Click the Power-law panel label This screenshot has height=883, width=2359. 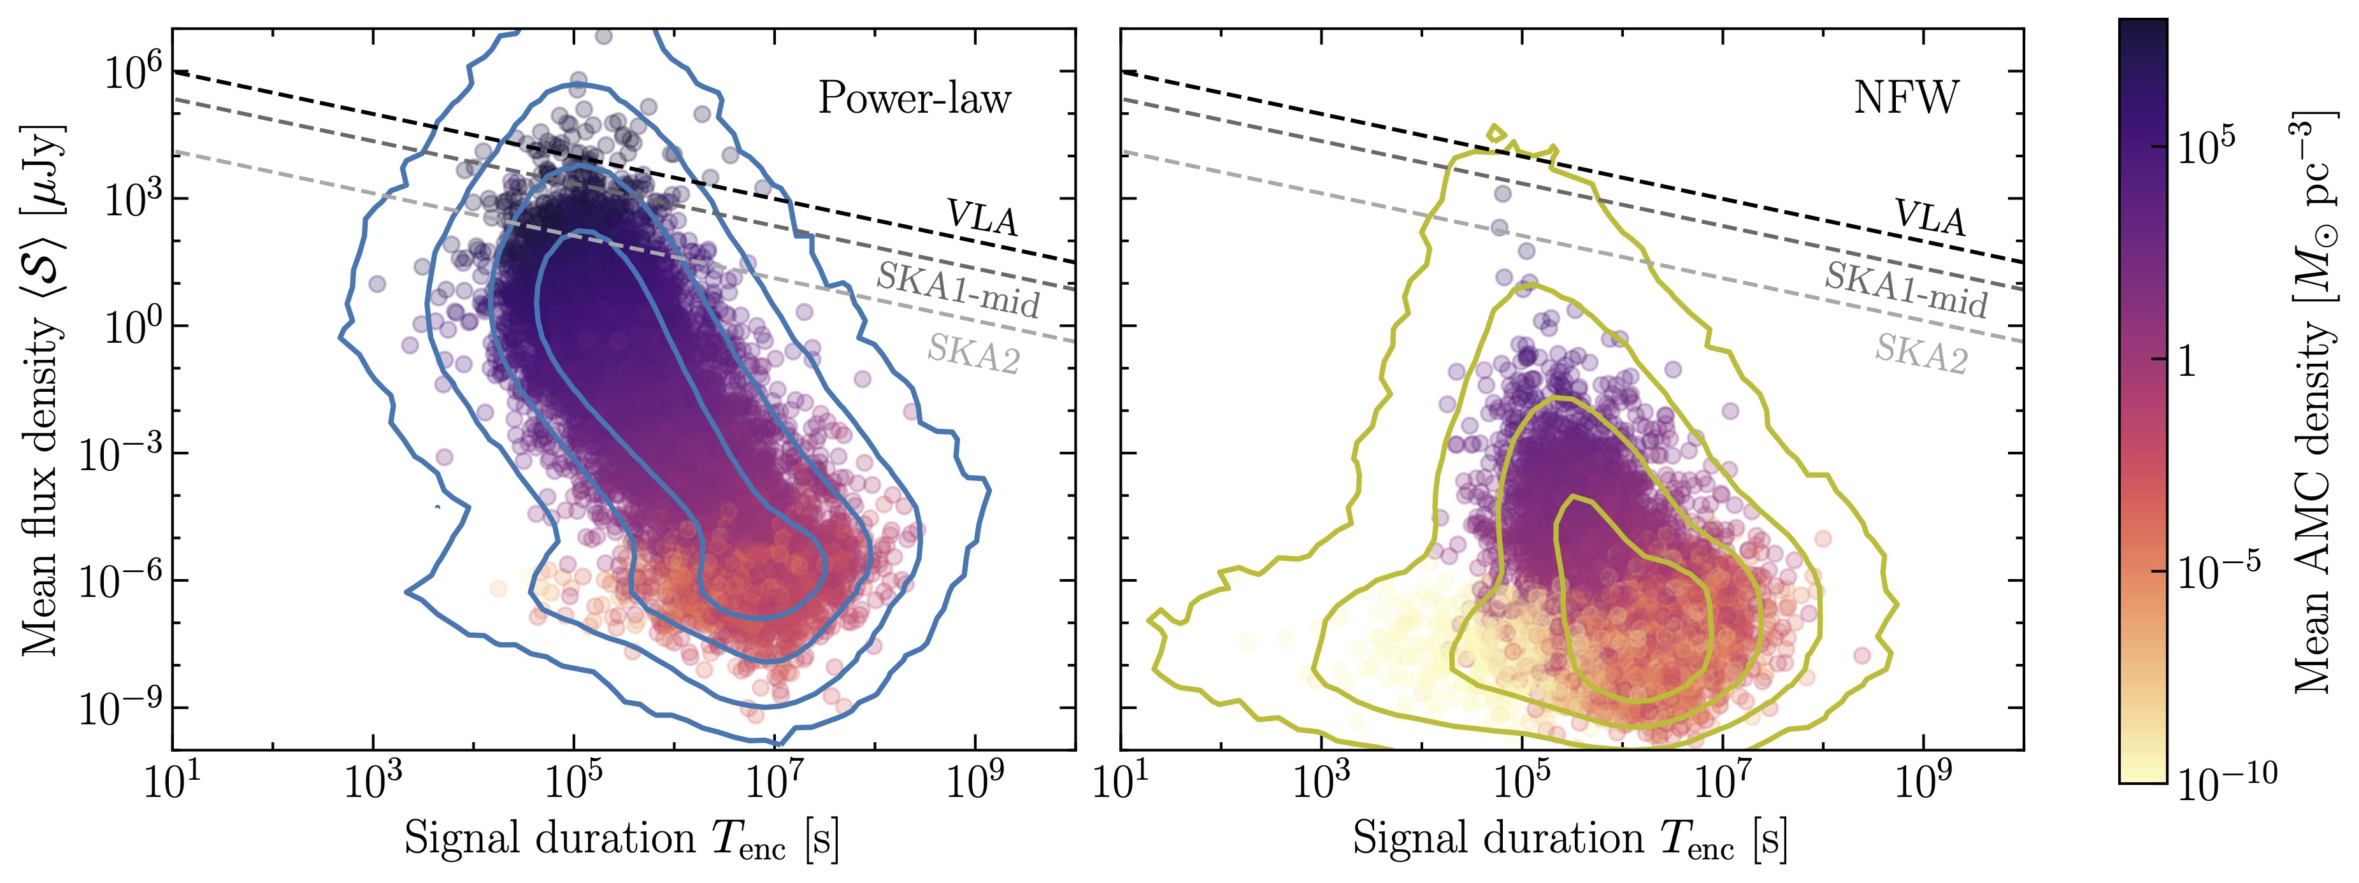(914, 98)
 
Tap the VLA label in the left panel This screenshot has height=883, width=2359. (982, 218)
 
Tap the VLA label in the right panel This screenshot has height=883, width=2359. (1930, 218)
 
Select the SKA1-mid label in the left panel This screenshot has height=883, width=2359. (958, 289)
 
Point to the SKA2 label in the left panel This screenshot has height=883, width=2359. (973, 354)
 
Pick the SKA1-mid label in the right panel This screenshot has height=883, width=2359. (1905, 289)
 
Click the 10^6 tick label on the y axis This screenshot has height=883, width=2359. (132, 71)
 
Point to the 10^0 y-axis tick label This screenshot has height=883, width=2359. (132, 327)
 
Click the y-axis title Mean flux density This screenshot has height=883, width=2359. (42, 389)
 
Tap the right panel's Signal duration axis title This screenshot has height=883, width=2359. (1570, 839)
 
